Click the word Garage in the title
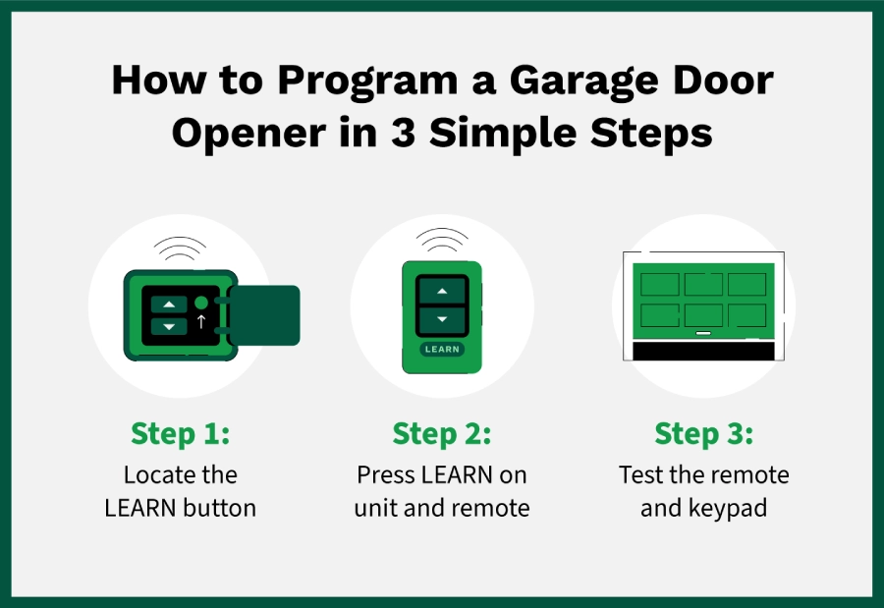pos(583,82)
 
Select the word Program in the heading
pos(367,82)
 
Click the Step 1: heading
pos(181,434)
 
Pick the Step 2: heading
pos(442,434)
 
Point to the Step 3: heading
pos(703,434)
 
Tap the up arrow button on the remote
pos(442,291)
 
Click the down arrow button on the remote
pos(442,320)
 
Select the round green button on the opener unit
pos(201,303)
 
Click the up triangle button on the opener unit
pos(169,304)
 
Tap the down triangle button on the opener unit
pos(169,326)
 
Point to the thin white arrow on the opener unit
pos(201,321)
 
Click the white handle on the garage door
pos(703,333)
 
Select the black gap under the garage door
pos(703,352)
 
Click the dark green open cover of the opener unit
pos(264,315)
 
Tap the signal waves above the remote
pos(442,240)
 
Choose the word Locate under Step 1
pos(151,474)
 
